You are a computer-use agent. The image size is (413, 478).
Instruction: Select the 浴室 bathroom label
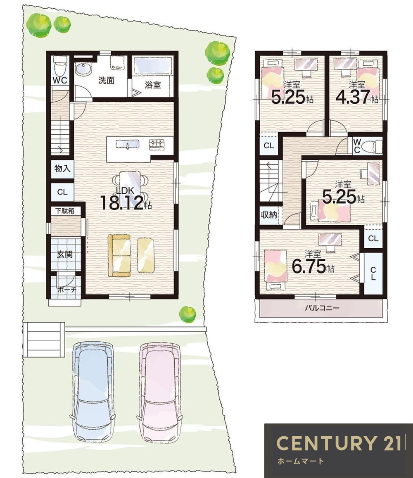pyautogui.click(x=152, y=85)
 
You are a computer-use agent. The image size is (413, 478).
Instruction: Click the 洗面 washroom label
pyautogui.click(x=107, y=81)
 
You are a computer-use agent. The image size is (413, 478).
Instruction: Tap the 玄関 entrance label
pyautogui.click(x=64, y=254)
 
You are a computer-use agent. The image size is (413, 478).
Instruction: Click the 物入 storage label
pyautogui.click(x=62, y=168)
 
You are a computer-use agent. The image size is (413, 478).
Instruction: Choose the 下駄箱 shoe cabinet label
pyautogui.click(x=64, y=211)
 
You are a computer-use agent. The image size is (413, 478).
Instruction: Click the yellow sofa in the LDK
pyautogui.click(x=119, y=255)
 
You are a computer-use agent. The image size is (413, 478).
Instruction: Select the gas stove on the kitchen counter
pyautogui.click(x=157, y=144)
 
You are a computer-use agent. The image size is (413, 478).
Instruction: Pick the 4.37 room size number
pyautogui.click(x=353, y=97)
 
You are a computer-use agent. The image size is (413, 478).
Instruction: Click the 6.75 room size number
pyautogui.click(x=309, y=267)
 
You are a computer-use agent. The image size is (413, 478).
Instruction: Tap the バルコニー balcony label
pyautogui.click(x=322, y=308)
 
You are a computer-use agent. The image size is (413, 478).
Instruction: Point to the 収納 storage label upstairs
pyautogui.click(x=269, y=215)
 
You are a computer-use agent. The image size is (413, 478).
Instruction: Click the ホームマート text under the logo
pyautogui.click(x=300, y=461)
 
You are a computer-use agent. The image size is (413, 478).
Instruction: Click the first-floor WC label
pyautogui.click(x=60, y=81)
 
